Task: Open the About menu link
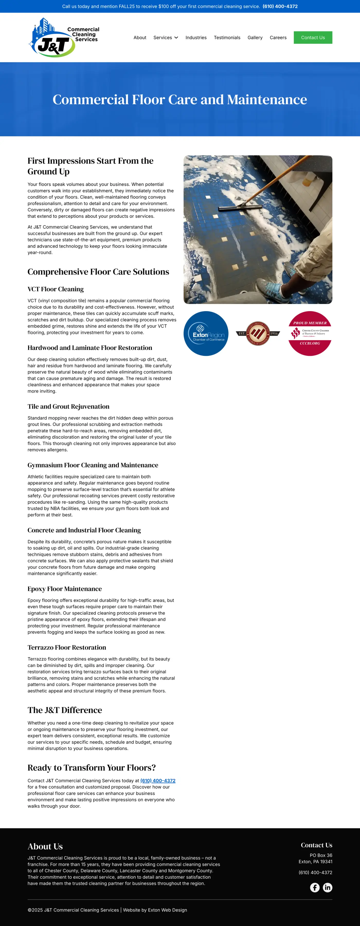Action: point(140,38)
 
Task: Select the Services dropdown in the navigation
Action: point(165,38)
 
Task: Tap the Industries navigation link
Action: point(196,38)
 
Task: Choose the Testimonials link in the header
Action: point(227,38)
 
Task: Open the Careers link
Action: point(278,38)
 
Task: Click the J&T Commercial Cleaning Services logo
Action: point(64,38)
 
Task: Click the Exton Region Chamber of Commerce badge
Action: point(206,333)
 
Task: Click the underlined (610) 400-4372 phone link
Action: point(158,780)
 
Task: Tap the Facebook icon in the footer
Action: point(315,887)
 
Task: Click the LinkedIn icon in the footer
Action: point(327,887)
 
